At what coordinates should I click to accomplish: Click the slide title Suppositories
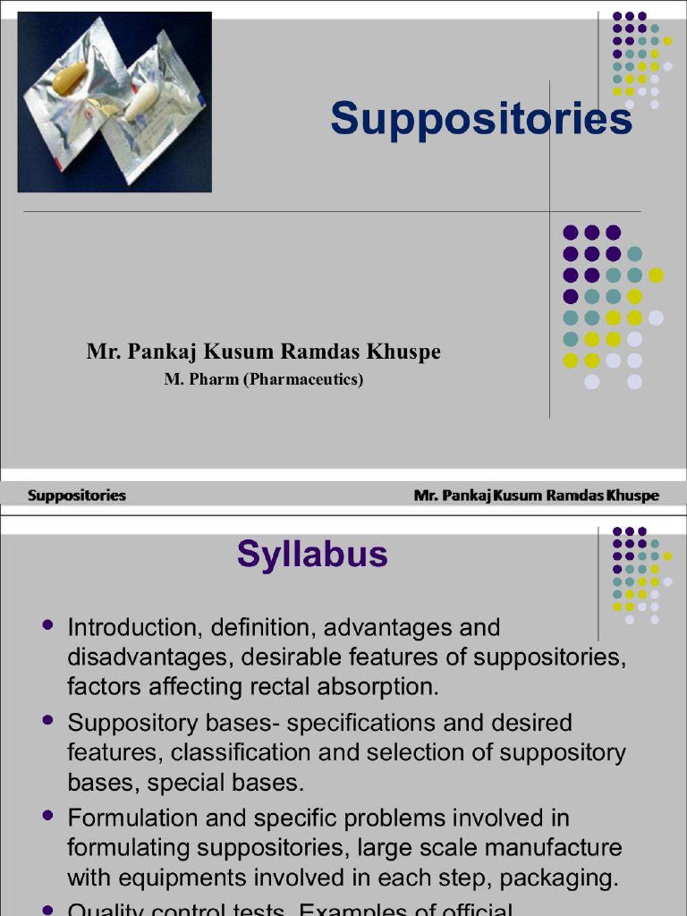click(481, 119)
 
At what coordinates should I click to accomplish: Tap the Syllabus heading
click(312, 555)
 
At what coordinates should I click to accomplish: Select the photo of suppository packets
click(114, 102)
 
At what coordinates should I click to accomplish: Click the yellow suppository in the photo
click(70, 79)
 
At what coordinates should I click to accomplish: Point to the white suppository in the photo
click(141, 103)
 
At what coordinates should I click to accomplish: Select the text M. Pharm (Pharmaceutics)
click(264, 379)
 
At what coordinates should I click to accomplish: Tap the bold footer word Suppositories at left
click(77, 496)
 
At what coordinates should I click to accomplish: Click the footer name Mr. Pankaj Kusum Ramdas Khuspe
click(536, 496)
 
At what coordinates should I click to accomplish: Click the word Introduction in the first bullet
click(122, 627)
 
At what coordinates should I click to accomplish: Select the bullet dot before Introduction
click(48, 624)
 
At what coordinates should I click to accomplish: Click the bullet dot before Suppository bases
click(48, 719)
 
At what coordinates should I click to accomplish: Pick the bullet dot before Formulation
click(48, 815)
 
